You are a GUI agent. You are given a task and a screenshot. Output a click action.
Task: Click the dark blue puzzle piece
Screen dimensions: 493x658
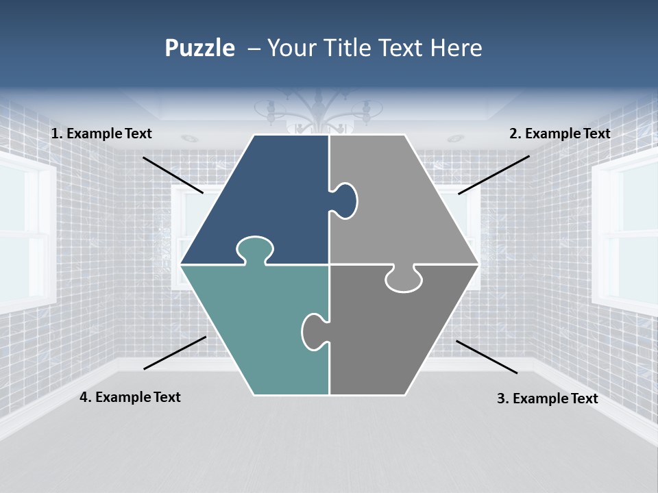[x=267, y=199]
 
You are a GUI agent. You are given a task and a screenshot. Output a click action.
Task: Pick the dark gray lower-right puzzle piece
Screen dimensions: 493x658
[x=391, y=336]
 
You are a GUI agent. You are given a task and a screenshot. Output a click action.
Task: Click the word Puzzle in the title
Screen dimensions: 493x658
[x=199, y=48]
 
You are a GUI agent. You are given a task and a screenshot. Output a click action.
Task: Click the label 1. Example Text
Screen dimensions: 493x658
[x=101, y=134]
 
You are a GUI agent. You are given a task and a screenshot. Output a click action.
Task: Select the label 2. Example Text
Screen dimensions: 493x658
[x=559, y=134]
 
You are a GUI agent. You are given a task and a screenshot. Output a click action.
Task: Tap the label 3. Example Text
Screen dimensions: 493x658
[x=547, y=399]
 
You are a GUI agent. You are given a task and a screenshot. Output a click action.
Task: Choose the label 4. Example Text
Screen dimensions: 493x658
[x=130, y=397]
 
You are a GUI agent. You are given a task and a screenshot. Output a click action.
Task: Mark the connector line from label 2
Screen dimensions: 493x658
[x=493, y=175]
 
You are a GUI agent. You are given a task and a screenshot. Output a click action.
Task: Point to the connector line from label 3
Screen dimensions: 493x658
[x=487, y=357]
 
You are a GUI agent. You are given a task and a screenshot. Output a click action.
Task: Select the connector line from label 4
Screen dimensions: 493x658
[x=175, y=353]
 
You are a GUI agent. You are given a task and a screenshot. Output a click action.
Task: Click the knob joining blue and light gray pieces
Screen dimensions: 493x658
[x=345, y=201]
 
